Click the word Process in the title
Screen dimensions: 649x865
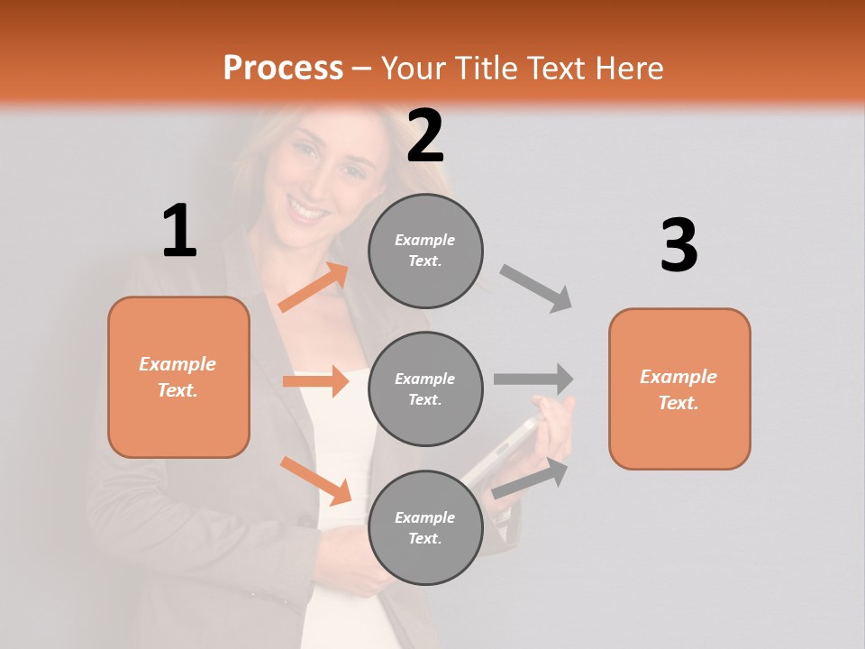(x=283, y=68)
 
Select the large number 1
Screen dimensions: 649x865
(x=179, y=231)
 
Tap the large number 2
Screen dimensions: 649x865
(x=425, y=136)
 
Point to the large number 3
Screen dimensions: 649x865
(x=678, y=245)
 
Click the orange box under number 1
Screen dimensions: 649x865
(x=178, y=377)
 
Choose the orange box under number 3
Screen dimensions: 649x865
(x=679, y=388)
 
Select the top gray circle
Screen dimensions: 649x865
(x=425, y=251)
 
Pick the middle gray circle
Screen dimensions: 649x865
(x=425, y=388)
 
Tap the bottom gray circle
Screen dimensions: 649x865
(x=425, y=527)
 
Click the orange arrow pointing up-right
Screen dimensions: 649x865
(x=314, y=288)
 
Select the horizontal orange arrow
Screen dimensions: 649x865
(x=315, y=381)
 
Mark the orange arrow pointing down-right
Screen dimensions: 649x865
(x=315, y=480)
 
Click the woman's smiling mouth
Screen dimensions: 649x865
(x=308, y=213)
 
